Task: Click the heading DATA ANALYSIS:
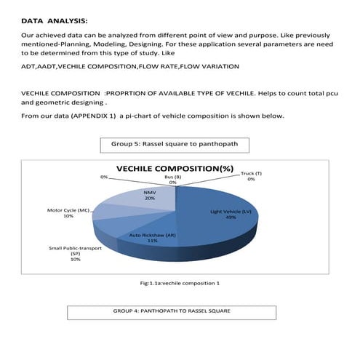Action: [x=55, y=21]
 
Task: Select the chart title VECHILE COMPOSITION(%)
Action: [x=177, y=168]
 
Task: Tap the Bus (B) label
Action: [x=172, y=176]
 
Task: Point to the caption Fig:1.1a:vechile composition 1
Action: [x=173, y=282]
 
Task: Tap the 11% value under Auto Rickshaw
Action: [x=153, y=241]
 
